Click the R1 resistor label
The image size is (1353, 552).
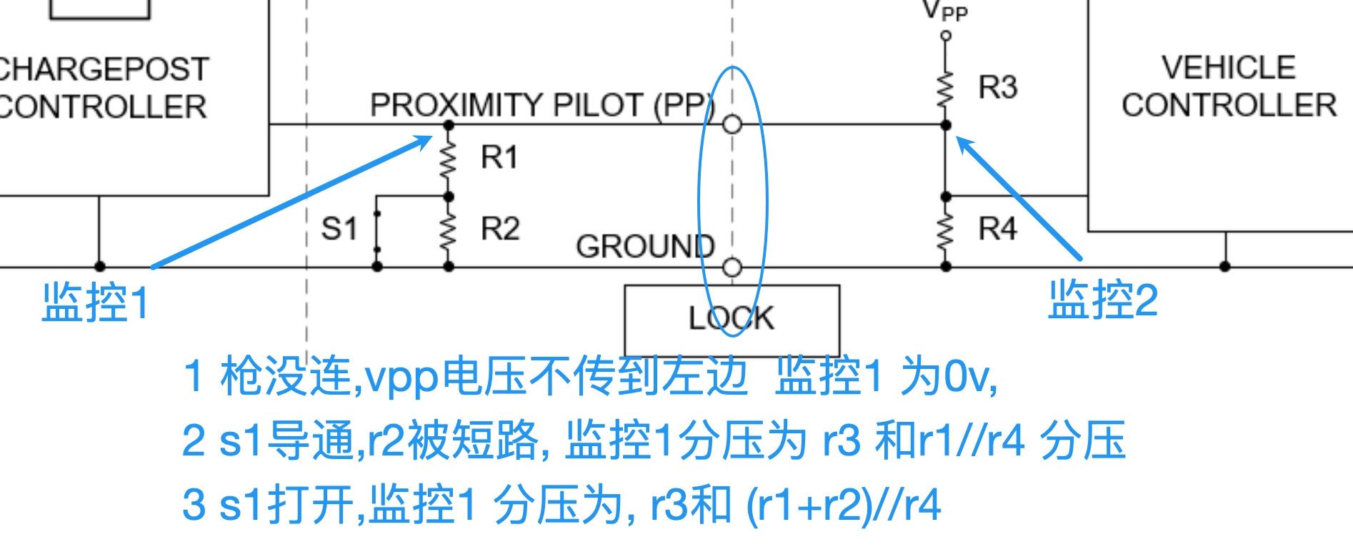499,157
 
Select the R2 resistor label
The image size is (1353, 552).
499,229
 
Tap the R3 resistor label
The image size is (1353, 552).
997,87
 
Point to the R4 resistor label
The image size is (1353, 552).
997,229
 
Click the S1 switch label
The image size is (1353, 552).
339,229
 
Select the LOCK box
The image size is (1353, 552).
732,318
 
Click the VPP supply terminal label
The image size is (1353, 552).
944,11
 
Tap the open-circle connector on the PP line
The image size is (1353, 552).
732,124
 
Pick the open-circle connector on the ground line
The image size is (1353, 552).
732,267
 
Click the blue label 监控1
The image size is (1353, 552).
95,302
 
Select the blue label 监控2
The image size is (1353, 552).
1102,300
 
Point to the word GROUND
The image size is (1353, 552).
644,247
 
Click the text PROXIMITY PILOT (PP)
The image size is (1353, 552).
541,105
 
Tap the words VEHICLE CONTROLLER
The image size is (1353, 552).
1229,87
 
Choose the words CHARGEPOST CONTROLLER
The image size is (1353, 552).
104,88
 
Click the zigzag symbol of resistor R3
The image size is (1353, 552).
946,89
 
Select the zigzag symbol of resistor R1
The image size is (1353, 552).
449,160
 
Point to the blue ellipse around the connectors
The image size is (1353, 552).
767,200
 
